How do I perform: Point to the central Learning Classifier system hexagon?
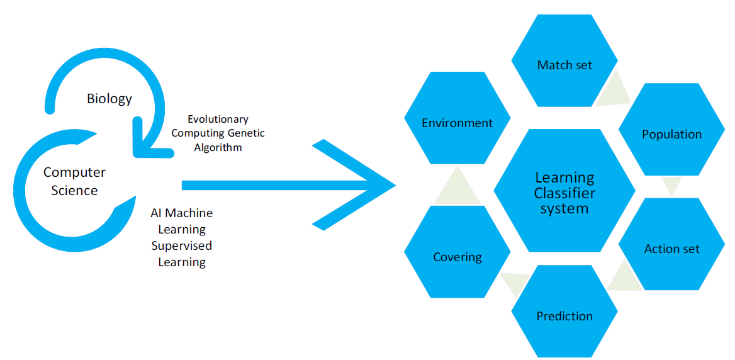pyautogui.click(x=565, y=192)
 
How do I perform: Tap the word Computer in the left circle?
pyautogui.click(x=74, y=172)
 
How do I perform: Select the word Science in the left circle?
pyautogui.click(x=74, y=190)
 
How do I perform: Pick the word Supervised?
pyautogui.click(x=182, y=245)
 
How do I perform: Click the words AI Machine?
pyautogui.click(x=182, y=213)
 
